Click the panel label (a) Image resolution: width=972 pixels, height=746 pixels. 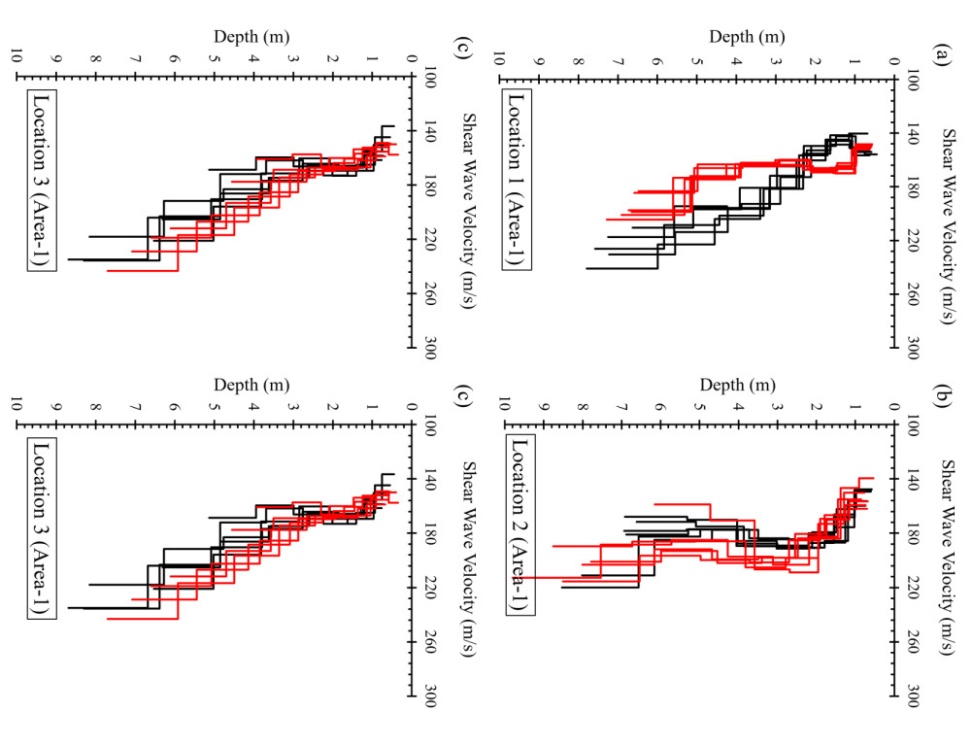pyautogui.click(x=940, y=55)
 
